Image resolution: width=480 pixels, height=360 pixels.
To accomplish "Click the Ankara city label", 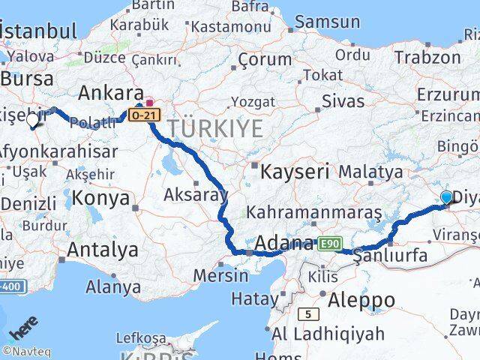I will coord(111,93).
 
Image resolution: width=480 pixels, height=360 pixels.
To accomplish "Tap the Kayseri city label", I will coord(295,172).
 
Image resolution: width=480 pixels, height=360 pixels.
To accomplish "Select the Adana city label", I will coord(284,243).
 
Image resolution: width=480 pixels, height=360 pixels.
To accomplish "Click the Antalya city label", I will coord(102,249).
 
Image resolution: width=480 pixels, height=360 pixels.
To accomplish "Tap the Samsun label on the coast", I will coord(327,22).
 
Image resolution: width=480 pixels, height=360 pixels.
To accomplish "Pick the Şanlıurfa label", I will coord(390,256).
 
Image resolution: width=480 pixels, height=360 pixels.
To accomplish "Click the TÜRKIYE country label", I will coord(215,129).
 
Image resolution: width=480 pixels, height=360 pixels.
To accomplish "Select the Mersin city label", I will coord(220,274).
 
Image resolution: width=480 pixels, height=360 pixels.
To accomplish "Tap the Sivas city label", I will coord(337,101).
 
